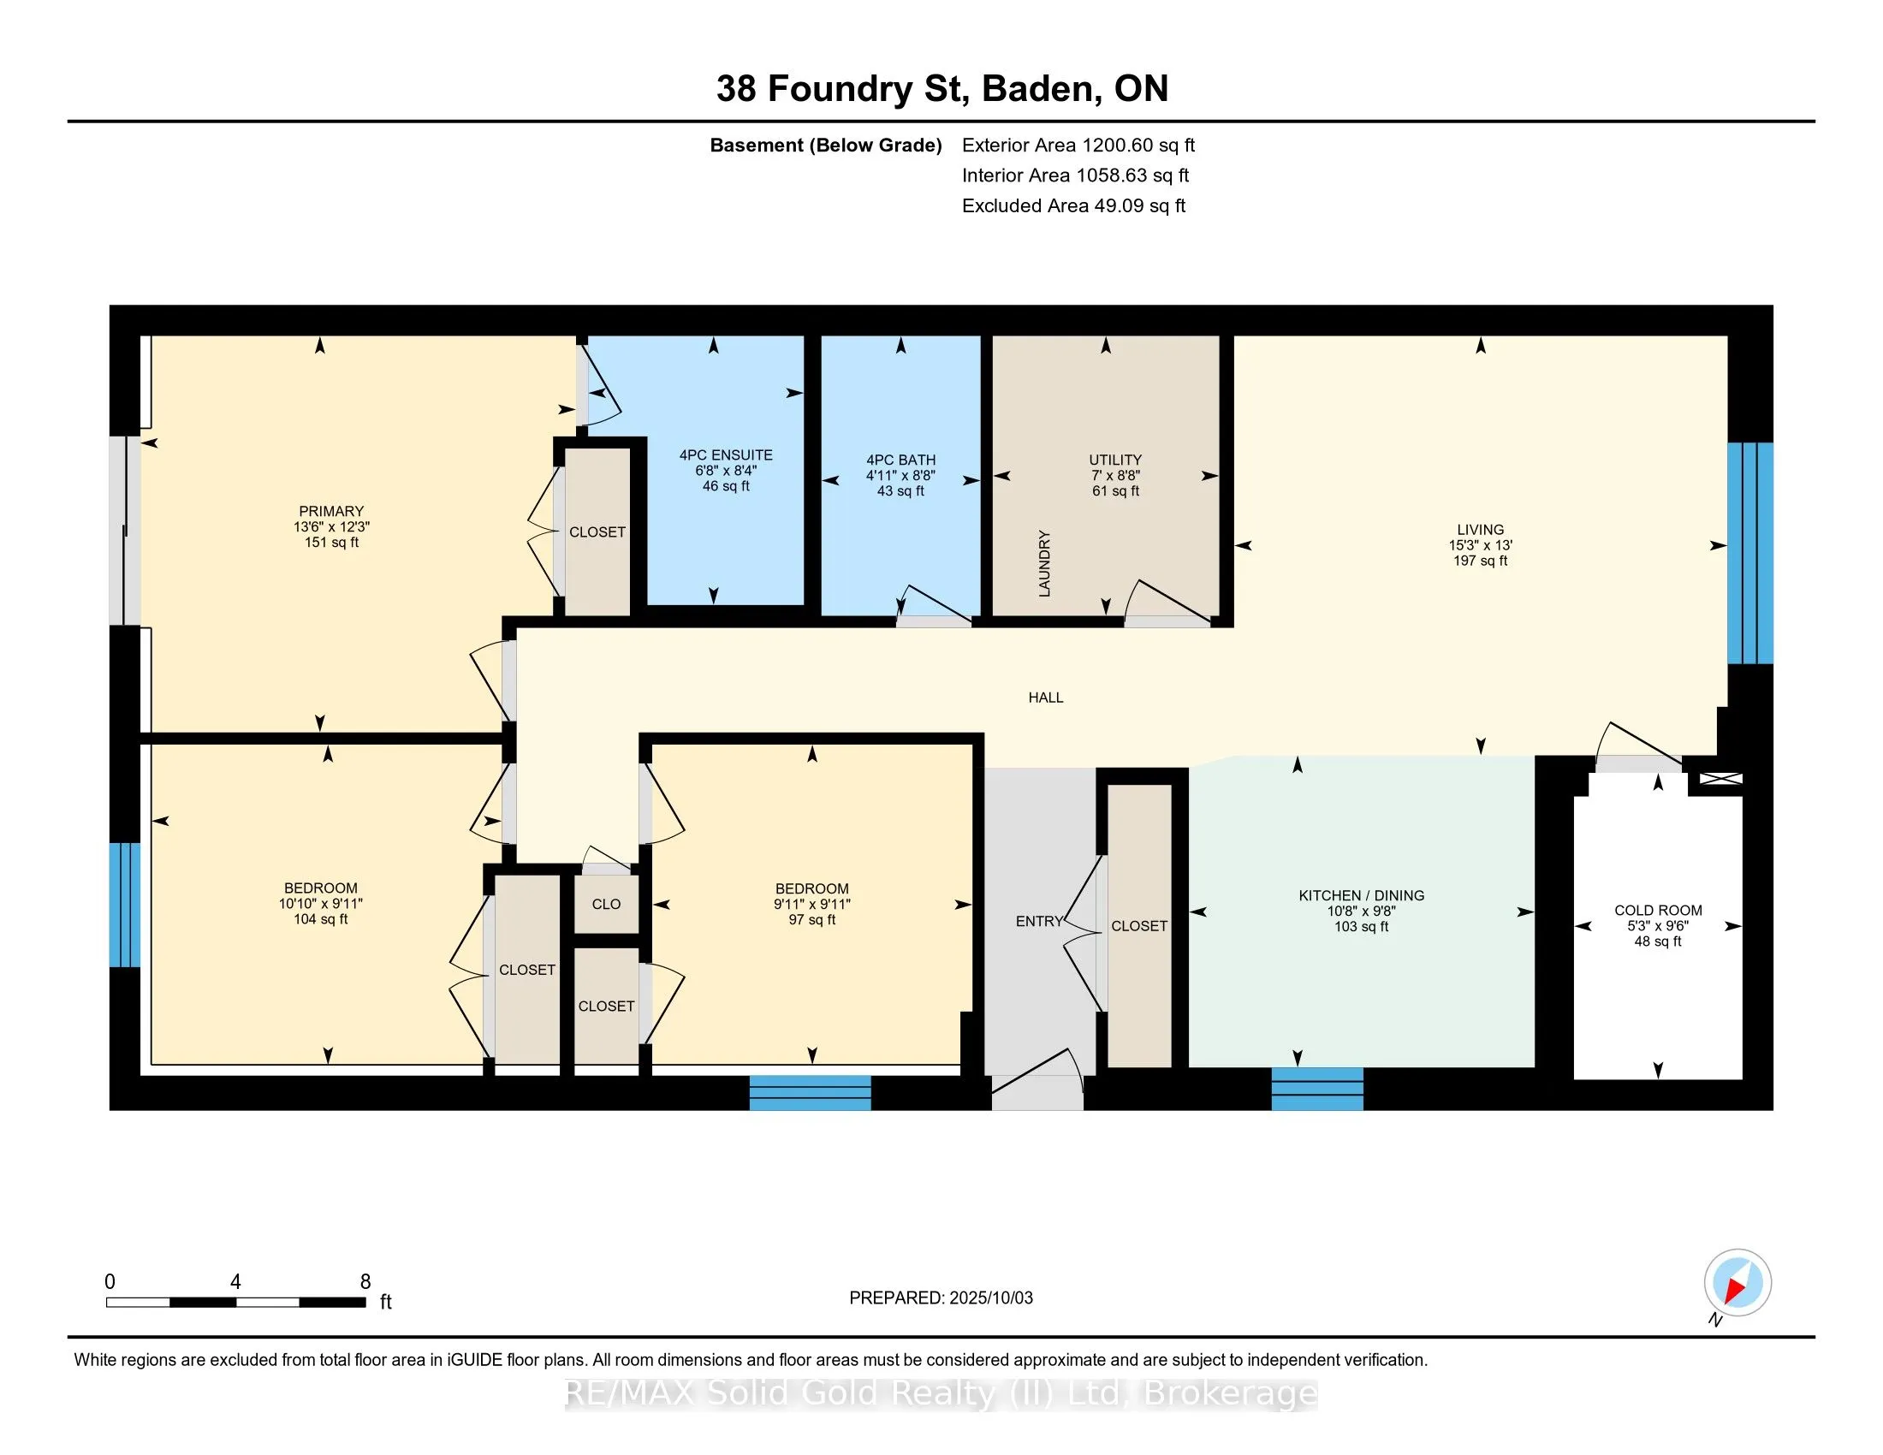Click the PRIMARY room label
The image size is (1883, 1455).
click(331, 511)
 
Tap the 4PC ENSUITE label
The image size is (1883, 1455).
click(726, 455)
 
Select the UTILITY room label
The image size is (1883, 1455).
click(1114, 460)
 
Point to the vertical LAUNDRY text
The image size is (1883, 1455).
click(1045, 564)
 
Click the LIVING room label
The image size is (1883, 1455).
click(1481, 530)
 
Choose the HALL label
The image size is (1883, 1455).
click(1046, 698)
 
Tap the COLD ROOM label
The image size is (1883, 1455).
click(1658, 911)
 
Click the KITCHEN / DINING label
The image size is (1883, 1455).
click(1362, 895)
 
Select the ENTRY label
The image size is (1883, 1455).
click(1039, 922)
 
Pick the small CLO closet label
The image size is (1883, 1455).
click(606, 904)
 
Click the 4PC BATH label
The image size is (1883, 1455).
click(901, 460)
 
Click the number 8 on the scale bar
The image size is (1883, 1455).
click(365, 1282)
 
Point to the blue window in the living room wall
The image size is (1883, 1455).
click(1750, 554)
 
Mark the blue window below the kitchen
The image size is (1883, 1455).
click(1317, 1089)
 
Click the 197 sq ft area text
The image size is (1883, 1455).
click(1481, 561)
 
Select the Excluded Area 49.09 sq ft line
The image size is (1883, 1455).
click(1073, 206)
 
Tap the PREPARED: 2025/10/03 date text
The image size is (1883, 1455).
click(941, 1298)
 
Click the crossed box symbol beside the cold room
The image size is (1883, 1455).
click(1720, 779)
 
